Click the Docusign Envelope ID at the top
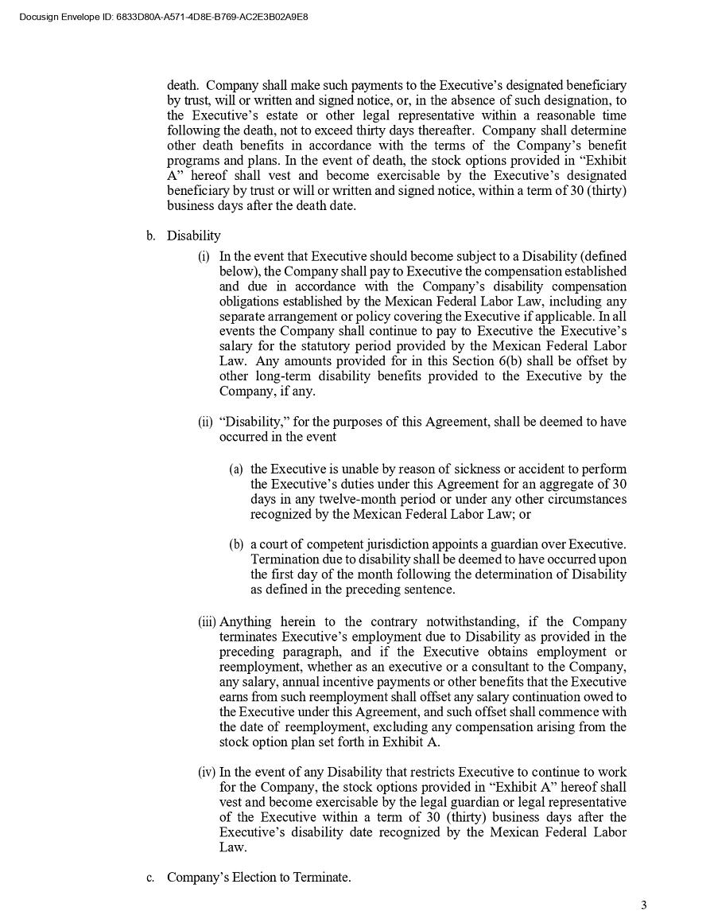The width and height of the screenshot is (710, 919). pos(163,16)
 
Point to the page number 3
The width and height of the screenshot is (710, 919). pos(644,905)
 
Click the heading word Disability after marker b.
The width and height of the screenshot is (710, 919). pos(194,236)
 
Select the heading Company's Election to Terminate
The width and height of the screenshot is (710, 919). pos(258,877)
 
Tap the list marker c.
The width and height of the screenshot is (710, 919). pos(149,877)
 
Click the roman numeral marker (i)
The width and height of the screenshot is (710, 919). pos(204,256)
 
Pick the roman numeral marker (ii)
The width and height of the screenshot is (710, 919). pos(206,422)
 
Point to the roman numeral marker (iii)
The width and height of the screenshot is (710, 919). pos(207,621)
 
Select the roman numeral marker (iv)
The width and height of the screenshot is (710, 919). pos(207,772)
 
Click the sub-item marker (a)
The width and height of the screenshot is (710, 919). pos(236,469)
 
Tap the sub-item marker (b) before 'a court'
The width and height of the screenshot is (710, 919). pos(236,545)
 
